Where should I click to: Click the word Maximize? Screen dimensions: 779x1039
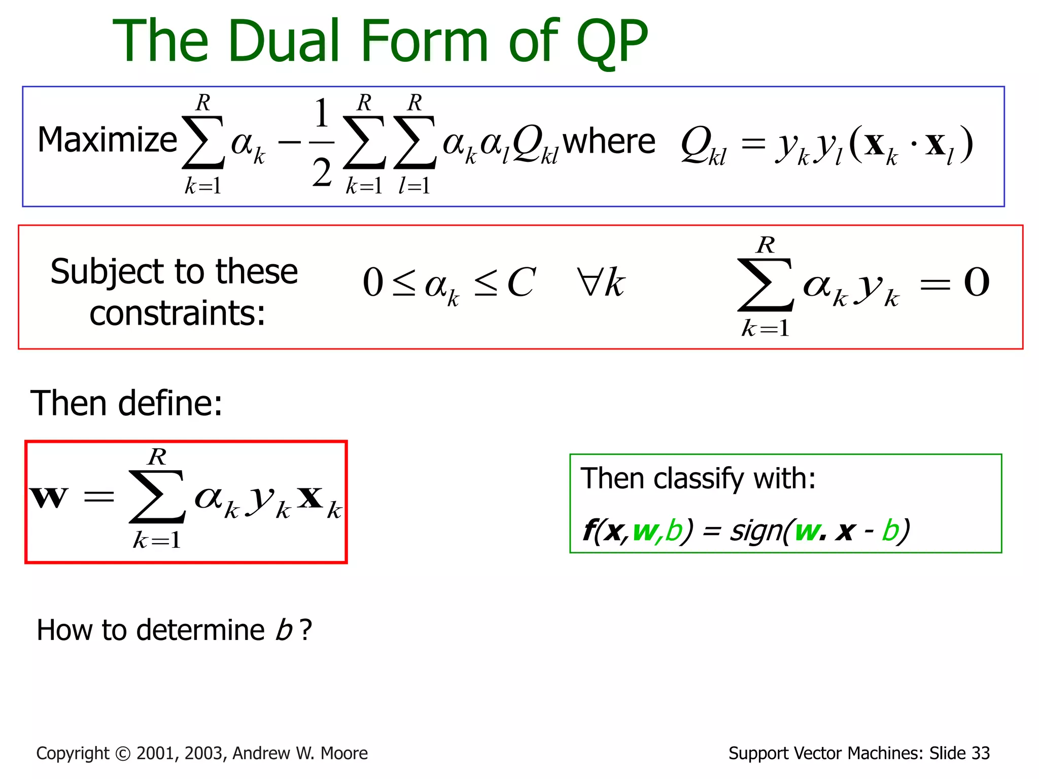[x=107, y=140]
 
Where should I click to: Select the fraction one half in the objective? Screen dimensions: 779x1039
[x=322, y=143]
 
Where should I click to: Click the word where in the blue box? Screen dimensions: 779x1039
[x=609, y=141]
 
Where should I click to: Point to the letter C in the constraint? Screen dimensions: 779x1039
[x=521, y=282]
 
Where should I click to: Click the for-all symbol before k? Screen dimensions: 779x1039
[x=589, y=282]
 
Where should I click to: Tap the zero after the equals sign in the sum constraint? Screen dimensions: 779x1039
[x=976, y=282]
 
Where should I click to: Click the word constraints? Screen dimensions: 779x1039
[x=177, y=313]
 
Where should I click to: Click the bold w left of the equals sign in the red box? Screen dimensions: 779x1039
[x=48, y=497]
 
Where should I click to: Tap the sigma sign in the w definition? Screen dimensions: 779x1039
[x=157, y=497]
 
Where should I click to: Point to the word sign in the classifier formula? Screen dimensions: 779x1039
[x=754, y=532]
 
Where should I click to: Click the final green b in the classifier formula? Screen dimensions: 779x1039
[x=891, y=531]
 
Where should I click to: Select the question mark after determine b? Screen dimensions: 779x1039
[x=305, y=630]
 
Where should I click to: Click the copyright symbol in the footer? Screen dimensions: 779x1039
[x=123, y=754]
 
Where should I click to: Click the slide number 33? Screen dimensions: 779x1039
[x=980, y=754]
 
